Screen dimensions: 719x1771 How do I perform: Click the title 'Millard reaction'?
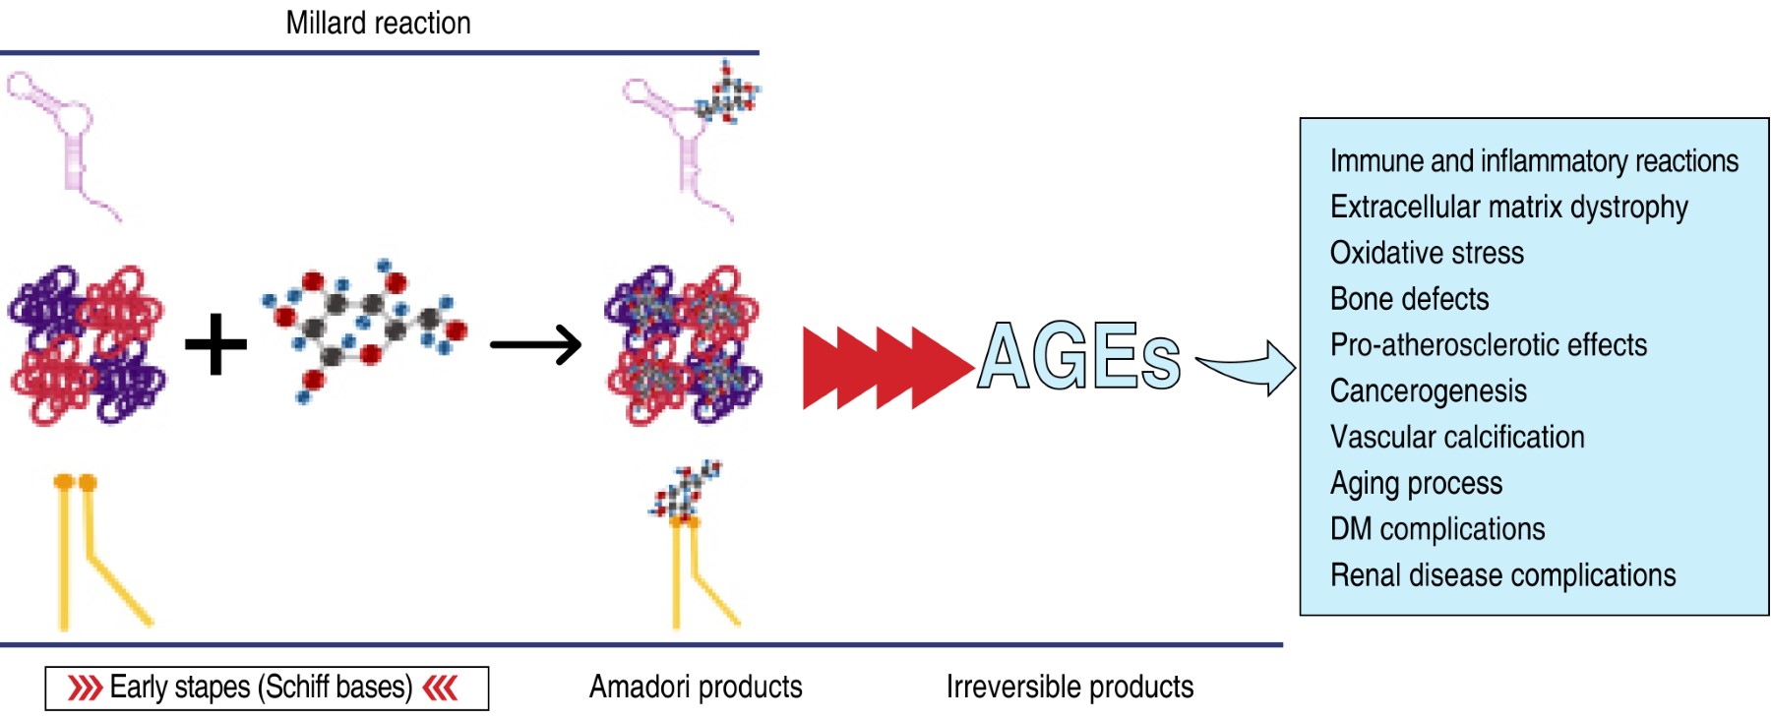point(378,23)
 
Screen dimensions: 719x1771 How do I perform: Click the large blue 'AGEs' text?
point(1078,355)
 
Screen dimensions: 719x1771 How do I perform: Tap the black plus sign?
point(215,344)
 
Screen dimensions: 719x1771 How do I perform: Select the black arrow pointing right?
point(536,344)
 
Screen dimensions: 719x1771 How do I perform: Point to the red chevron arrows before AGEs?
point(885,367)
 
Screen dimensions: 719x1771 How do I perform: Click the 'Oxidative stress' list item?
point(1426,253)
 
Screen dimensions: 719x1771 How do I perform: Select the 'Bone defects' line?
point(1409,299)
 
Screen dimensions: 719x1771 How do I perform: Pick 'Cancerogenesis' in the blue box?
point(1428,391)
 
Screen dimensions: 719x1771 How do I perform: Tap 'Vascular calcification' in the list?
point(1456,437)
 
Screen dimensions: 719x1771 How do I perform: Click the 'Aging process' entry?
point(1416,483)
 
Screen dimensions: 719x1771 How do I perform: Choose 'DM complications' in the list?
point(1436,529)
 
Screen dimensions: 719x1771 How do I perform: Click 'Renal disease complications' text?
point(1502,575)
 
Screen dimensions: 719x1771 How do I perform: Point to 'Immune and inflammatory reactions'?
point(1533,161)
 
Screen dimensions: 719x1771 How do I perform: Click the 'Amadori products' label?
point(695,687)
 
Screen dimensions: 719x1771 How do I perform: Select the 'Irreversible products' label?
point(1069,687)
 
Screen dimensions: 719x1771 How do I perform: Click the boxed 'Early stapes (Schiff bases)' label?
point(266,688)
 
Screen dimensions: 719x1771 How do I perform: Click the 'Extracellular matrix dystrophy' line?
point(1508,208)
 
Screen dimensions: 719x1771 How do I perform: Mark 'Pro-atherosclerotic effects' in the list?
point(1488,345)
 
